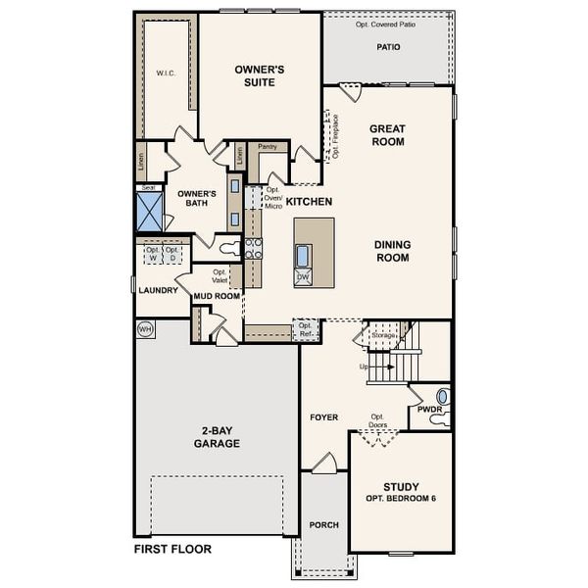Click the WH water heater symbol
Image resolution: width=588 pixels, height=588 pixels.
146,328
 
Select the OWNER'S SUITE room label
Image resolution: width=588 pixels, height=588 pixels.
260,76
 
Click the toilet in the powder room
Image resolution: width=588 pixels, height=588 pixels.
441,397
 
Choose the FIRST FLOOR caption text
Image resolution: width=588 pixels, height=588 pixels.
172,550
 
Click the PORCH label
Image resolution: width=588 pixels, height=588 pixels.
323,525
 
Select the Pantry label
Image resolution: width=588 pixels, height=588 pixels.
267,147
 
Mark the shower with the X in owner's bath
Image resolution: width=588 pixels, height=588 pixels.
151,212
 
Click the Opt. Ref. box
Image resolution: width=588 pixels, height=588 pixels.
306,330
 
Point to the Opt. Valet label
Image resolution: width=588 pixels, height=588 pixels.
220,276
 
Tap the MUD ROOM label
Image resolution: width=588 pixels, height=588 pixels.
217,295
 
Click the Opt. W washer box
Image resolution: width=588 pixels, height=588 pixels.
152,255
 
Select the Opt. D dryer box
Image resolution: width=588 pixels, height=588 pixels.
171,255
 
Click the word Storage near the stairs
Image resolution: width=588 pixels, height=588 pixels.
383,335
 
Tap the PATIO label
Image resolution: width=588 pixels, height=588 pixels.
388,46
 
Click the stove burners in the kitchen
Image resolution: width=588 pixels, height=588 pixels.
253,248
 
